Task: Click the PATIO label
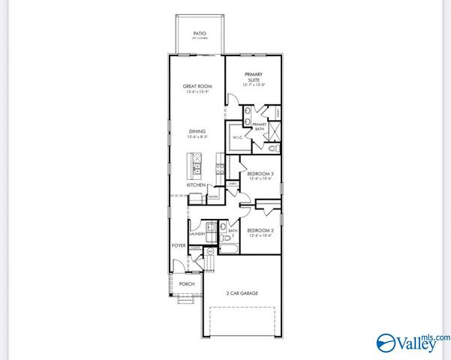(x=199, y=34)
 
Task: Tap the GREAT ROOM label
(x=198, y=87)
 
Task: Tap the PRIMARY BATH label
(x=260, y=127)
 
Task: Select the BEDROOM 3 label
(x=260, y=174)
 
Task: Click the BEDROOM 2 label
(x=260, y=232)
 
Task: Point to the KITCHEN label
(x=197, y=184)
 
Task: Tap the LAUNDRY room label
(x=197, y=234)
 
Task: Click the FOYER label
(x=179, y=245)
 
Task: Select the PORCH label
(x=185, y=284)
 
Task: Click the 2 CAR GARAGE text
(x=242, y=292)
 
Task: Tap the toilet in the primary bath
(x=273, y=149)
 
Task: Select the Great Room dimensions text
(x=198, y=93)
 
